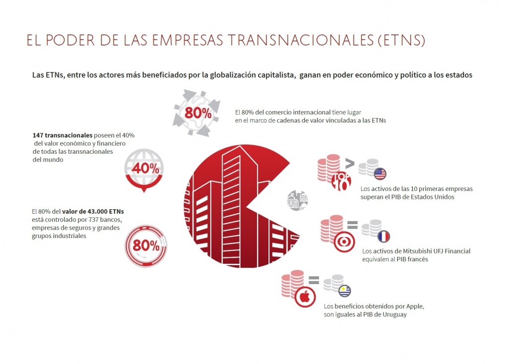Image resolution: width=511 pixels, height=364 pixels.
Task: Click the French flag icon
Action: [384, 237]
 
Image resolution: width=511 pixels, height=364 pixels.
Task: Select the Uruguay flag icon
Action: [344, 291]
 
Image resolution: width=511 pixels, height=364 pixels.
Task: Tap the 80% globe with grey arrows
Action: [198, 113]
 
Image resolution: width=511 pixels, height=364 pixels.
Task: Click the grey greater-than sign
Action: [349, 162]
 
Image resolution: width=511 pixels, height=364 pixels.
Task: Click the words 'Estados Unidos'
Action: [433, 197]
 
